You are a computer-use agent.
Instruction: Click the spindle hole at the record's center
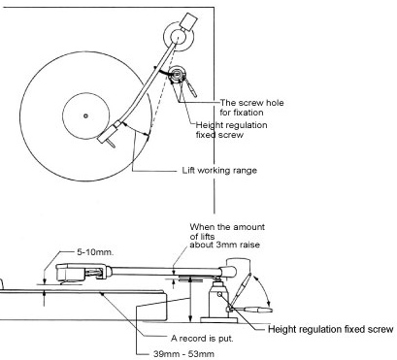click(85, 115)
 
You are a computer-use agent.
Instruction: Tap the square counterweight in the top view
click(188, 21)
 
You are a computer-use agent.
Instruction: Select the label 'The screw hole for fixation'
click(251, 108)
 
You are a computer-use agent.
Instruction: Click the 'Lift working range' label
click(219, 171)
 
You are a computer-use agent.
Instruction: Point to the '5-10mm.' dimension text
click(95, 252)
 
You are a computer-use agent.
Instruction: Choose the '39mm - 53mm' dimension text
click(183, 353)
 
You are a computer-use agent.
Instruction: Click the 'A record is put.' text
click(202, 339)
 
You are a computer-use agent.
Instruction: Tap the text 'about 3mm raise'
click(224, 245)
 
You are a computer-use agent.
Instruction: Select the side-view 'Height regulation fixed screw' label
click(331, 329)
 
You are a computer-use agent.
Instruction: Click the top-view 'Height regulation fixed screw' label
click(231, 130)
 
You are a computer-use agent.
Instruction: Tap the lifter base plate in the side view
click(219, 320)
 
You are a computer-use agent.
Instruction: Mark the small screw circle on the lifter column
click(219, 294)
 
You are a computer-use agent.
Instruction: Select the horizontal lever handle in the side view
click(254, 310)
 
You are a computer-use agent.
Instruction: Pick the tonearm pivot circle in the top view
click(178, 36)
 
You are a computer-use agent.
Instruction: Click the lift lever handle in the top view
click(191, 87)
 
